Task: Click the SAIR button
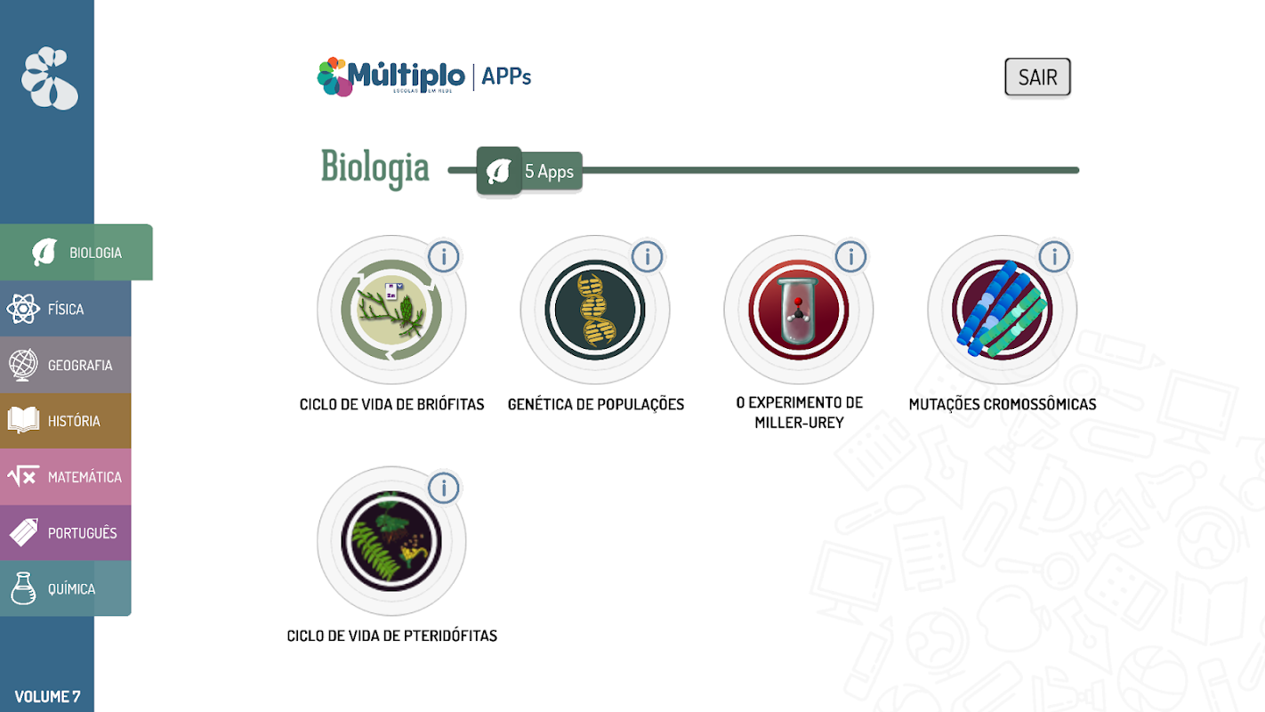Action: [1037, 77]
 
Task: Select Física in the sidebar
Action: [66, 309]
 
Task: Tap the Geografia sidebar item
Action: [66, 365]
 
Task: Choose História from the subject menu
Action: [66, 421]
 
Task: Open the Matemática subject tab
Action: [66, 477]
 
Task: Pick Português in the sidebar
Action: [66, 533]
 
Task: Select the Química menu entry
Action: [66, 588]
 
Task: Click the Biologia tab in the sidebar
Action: [77, 252]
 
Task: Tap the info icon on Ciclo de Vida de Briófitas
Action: [443, 257]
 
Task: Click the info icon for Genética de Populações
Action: [648, 257]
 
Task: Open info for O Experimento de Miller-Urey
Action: [850, 257]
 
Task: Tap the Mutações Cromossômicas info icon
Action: [1054, 257]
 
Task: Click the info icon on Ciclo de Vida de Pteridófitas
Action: [443, 489]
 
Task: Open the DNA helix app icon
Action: [594, 310]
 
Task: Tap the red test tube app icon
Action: [799, 310]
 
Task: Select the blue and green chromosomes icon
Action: [1003, 310]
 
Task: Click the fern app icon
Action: [391, 541]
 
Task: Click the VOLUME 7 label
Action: [47, 696]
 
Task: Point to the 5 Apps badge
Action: [529, 171]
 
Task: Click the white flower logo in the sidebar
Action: [50, 78]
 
